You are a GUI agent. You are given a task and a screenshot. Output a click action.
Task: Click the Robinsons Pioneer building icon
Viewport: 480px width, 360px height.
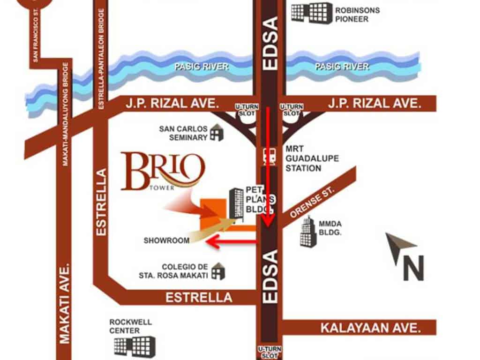[311, 13]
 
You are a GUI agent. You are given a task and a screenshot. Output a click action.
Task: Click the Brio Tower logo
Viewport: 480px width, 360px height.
[163, 172]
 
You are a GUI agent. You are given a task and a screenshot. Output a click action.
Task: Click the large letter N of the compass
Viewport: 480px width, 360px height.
[413, 268]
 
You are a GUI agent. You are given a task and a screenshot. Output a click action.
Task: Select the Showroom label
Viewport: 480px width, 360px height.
[166, 240]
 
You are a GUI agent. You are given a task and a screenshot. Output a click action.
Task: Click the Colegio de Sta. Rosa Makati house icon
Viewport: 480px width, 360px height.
[217, 271]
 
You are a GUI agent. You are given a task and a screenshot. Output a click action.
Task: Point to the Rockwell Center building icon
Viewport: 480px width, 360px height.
[134, 345]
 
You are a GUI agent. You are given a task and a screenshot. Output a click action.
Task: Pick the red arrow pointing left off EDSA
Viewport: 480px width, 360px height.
[232, 242]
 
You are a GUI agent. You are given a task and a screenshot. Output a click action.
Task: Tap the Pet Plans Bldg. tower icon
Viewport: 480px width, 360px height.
[236, 203]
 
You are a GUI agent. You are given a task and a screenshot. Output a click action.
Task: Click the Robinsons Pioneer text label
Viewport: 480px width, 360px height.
[357, 15]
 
